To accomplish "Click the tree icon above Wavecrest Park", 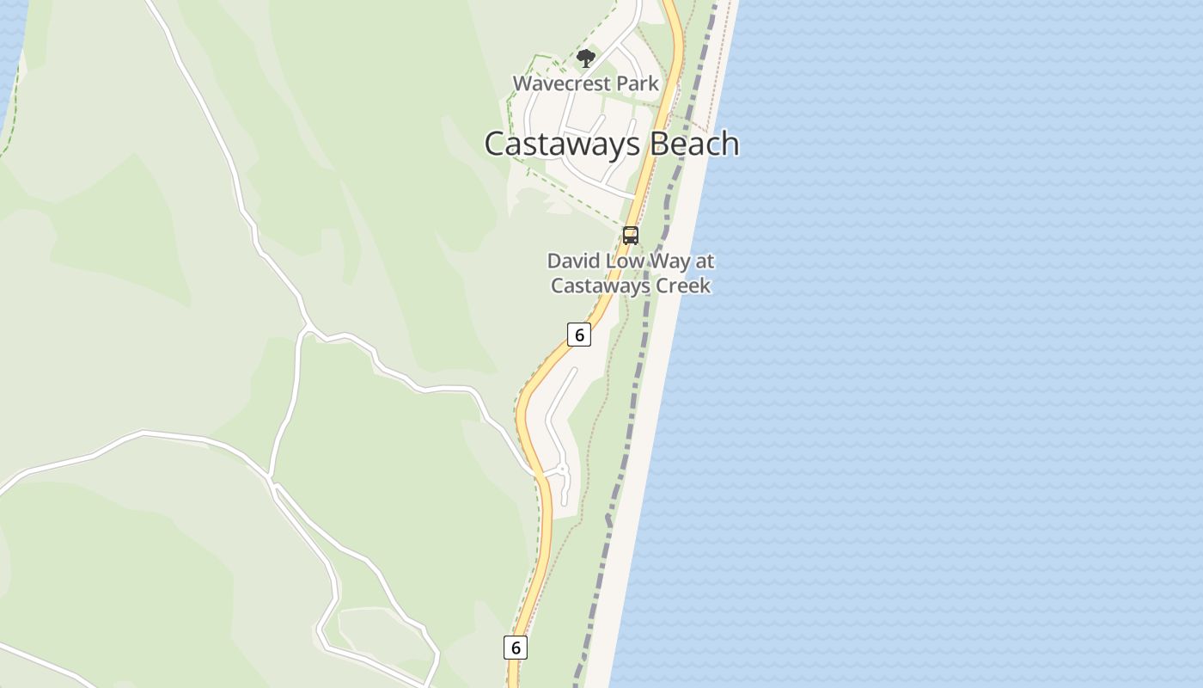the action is pos(586,58).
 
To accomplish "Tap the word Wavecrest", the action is pos(555,83).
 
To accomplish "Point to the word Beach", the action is pos(694,144).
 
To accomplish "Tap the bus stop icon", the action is pos(631,236).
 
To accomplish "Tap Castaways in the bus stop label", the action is pos(598,286).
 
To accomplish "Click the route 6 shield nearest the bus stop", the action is pos(579,335).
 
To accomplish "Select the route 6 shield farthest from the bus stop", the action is pos(516,648).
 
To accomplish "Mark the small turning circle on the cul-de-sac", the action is pos(563,470).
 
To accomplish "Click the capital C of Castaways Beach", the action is pos(495,144).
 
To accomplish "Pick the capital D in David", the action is pos(554,261).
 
